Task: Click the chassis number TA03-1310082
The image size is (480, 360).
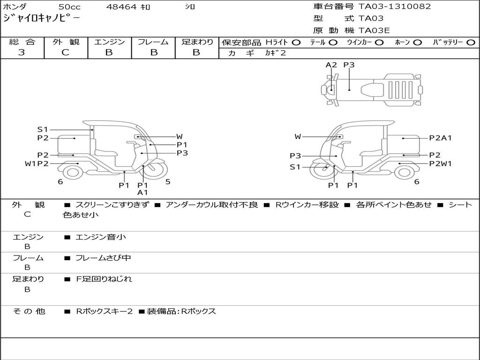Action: tap(395, 7)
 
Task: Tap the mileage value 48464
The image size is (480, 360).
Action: tap(121, 7)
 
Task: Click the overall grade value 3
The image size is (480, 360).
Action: tap(22, 52)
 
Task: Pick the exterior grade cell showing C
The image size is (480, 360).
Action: tap(65, 52)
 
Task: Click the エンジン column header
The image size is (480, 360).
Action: tap(110, 42)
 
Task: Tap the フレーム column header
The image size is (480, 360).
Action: tap(153, 42)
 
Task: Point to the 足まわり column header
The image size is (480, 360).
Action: tap(197, 42)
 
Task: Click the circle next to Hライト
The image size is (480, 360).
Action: tap(296, 43)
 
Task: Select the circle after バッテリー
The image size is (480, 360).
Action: tap(471, 43)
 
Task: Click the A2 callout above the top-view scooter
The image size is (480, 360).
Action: tap(331, 65)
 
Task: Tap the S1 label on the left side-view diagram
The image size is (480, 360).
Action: tap(43, 129)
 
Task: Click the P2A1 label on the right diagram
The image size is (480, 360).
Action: tap(440, 138)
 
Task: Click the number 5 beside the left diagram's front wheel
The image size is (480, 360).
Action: tap(168, 181)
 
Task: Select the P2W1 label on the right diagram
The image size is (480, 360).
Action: tap(440, 164)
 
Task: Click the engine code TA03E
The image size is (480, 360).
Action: tap(374, 30)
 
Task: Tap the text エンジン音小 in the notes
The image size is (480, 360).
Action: tap(101, 237)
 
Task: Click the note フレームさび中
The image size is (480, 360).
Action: tap(103, 258)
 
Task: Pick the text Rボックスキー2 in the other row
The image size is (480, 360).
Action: tap(105, 311)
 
